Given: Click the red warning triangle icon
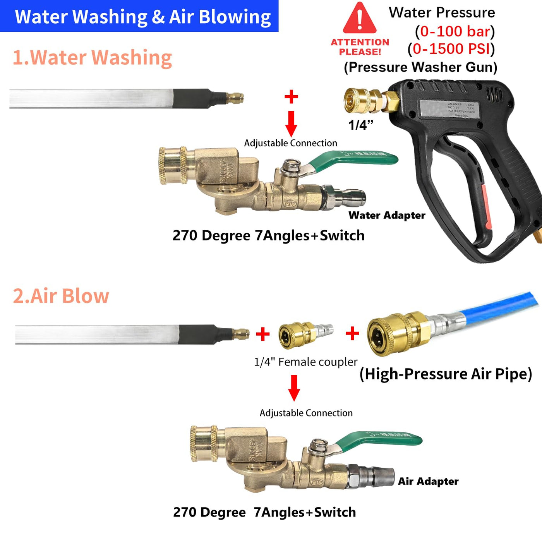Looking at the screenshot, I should (359, 19).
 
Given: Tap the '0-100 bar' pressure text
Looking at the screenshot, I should (455, 31).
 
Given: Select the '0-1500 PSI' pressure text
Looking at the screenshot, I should (451, 49).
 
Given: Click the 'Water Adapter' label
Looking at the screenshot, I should (386, 215).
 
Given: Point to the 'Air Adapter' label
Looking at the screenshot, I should (428, 481).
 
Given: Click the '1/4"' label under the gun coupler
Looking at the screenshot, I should (360, 125).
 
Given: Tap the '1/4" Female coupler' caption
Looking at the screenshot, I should (305, 362).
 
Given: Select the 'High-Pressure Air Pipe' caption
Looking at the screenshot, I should (446, 374).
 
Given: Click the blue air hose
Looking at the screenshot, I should (499, 308).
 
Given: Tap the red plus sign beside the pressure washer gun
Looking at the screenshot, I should (291, 96).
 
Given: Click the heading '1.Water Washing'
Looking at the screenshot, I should (92, 58).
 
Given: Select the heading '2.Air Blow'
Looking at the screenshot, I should (61, 296).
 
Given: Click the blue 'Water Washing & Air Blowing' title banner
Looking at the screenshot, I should (139, 16).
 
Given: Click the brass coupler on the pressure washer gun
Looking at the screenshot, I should (370, 101).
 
